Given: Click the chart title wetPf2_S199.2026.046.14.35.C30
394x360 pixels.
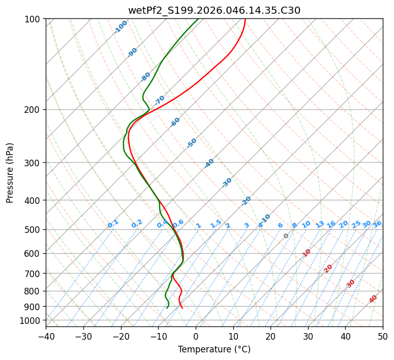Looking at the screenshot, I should pos(214,10).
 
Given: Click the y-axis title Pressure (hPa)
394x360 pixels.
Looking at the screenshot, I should pos(10,173).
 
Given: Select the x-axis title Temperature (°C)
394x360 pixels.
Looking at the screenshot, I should pos(214,350).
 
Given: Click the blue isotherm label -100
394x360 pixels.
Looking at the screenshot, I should pos(120,27).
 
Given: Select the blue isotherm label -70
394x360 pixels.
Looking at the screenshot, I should pos(160,100).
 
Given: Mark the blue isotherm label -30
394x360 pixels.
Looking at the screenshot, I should pos(227,183).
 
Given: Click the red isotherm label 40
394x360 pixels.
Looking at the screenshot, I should pos(373,299).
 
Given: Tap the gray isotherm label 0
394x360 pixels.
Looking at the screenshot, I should pos(286,236).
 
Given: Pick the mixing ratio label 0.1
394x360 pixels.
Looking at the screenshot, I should pos(113,224).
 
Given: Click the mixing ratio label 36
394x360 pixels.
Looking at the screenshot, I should pos(377,224).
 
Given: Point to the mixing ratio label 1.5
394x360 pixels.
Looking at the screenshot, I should pos(216,224).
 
